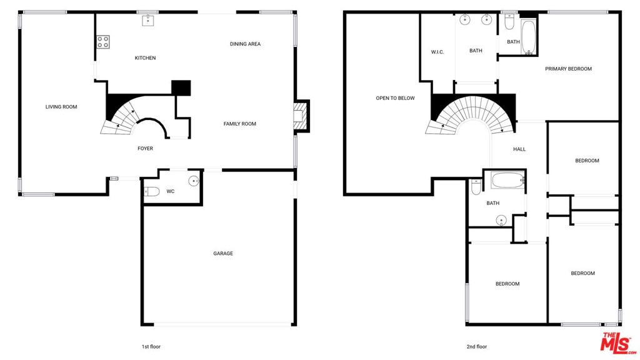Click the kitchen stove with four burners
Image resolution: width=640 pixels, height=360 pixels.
[103, 42]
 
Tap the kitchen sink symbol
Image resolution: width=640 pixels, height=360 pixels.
[147, 21]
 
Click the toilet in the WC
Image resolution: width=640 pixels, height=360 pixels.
[152, 191]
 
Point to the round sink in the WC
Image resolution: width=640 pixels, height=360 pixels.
[194, 181]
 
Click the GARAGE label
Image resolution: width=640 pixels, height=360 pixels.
[223, 254]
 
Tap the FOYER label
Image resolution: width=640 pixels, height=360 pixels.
[145, 149]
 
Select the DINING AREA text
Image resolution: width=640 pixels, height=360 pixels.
[245, 44]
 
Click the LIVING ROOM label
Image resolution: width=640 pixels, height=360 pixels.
[61, 107]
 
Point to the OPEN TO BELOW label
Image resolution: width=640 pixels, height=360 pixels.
[395, 98]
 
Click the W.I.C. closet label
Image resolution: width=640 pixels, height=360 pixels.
[437, 52]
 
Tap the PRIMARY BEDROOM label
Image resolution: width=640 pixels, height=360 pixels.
[569, 69]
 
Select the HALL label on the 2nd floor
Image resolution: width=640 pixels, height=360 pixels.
[519, 149]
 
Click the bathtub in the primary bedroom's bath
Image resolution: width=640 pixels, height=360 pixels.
[528, 37]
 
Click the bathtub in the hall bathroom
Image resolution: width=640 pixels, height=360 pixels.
[507, 180]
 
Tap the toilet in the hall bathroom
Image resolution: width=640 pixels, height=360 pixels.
[476, 186]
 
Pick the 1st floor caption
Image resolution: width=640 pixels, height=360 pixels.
[151, 346]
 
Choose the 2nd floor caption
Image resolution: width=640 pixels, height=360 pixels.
[477, 346]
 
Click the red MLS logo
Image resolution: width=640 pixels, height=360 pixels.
[617, 343]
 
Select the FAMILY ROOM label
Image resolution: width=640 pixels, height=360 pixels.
[239, 124]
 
